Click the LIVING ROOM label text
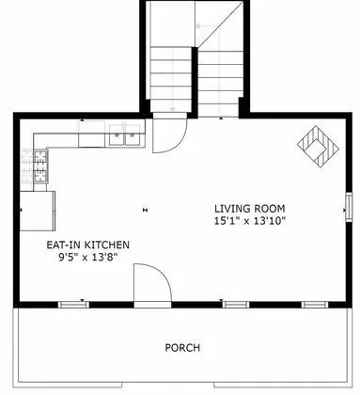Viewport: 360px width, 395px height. coord(249,208)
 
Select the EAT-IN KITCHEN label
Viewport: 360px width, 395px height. coord(88,245)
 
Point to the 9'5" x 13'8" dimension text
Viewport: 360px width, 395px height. coord(88,257)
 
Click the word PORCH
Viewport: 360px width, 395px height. coord(182,348)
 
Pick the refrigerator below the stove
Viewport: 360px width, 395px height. coord(38,211)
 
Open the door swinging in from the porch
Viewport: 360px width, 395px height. coord(150,284)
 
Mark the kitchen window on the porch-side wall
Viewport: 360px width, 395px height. coord(72,304)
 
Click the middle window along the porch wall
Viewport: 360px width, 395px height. coord(235,304)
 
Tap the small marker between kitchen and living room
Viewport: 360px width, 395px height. coord(145,209)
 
